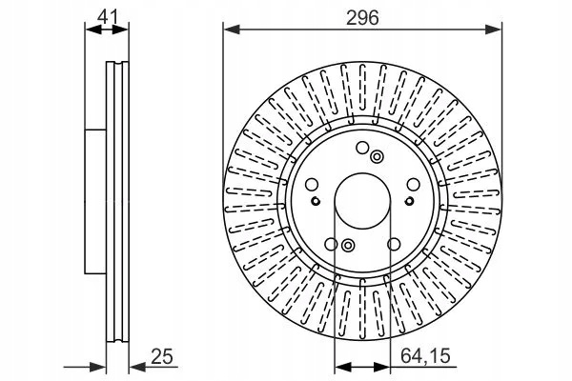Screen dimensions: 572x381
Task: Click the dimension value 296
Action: click(362, 17)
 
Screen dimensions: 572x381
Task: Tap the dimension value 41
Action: click(109, 17)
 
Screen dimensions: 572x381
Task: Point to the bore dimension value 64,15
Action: click(425, 355)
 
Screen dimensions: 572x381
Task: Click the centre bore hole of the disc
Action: click(362, 201)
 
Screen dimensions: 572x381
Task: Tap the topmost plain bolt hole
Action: click(362, 148)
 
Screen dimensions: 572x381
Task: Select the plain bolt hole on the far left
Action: click(312, 185)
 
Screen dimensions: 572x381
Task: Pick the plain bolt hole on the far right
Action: click(414, 184)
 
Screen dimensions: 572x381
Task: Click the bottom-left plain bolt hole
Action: click(331, 244)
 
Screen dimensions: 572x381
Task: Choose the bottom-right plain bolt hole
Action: click(394, 244)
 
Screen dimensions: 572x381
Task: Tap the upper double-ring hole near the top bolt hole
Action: click(377, 157)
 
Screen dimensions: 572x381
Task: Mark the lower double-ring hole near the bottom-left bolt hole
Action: click(348, 245)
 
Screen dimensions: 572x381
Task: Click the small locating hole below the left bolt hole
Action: click(316, 201)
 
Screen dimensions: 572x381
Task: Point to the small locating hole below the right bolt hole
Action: click(409, 201)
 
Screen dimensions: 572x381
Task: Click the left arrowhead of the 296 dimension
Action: click(232, 30)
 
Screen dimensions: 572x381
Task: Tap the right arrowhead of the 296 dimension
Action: click(494, 30)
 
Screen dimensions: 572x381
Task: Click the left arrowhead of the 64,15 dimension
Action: click(343, 368)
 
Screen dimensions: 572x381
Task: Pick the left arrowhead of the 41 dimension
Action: click(93, 30)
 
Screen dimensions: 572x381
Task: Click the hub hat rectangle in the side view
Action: click(95, 201)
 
